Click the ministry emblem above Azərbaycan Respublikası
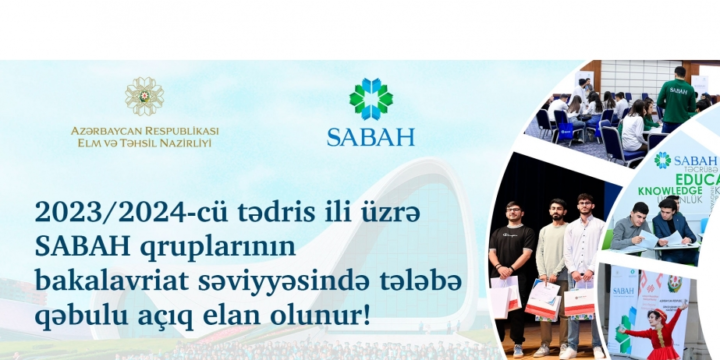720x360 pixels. pos(145,96)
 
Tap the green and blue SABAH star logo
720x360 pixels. pos(371,99)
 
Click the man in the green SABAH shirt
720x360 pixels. pos(676,98)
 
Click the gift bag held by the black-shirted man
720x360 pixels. pos(503,296)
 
